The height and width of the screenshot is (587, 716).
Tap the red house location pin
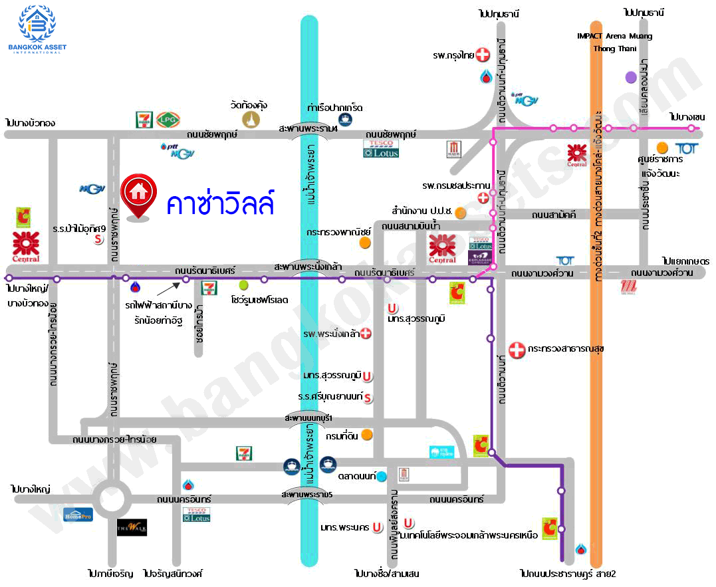point(138,195)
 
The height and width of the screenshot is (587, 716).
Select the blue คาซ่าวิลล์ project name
point(220,202)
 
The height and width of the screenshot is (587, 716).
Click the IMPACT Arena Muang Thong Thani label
point(614,42)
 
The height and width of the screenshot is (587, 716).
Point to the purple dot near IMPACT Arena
point(631,77)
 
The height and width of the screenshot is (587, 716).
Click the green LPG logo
point(166,119)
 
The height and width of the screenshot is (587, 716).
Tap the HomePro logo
point(78,515)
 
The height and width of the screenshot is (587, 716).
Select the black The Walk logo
point(132,528)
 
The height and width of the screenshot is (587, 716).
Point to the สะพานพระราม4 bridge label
point(308,128)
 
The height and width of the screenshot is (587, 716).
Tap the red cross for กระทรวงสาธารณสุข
point(517,349)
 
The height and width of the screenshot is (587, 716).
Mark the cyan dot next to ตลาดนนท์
point(382,476)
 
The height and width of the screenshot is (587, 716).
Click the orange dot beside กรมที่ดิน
point(366,435)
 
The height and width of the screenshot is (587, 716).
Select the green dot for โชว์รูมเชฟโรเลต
point(243,285)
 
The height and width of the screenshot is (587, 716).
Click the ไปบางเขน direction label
point(687,117)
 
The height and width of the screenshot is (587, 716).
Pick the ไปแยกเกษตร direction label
point(685,261)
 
